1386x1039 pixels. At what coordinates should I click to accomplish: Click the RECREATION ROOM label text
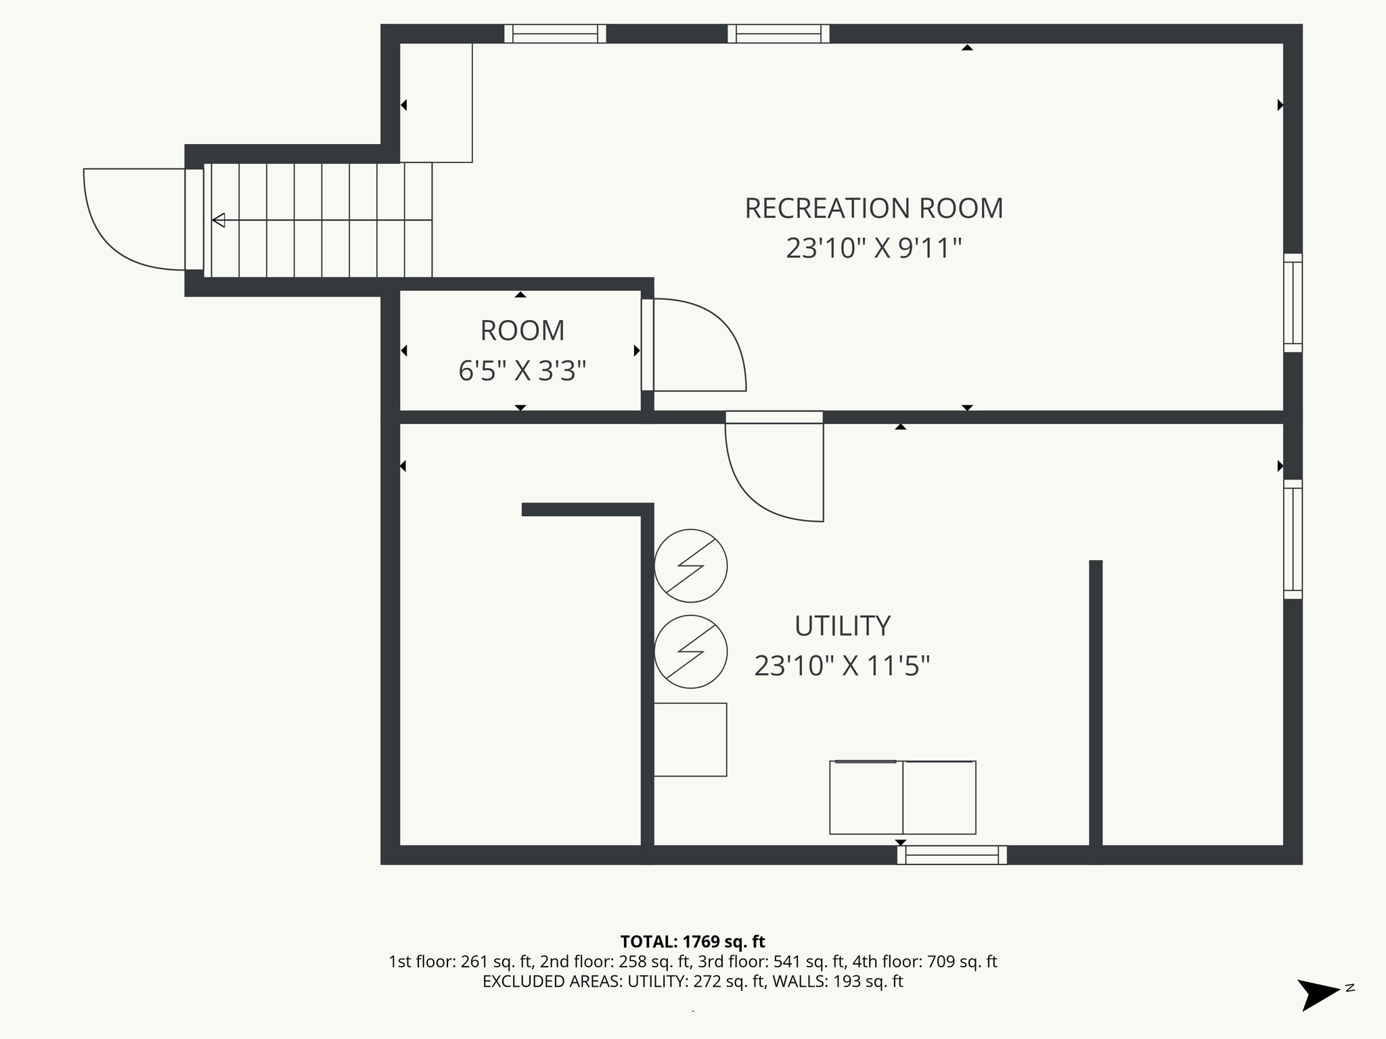pos(874,208)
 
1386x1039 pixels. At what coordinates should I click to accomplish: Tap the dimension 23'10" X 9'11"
pos(874,248)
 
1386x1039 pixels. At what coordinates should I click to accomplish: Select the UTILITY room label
pos(842,626)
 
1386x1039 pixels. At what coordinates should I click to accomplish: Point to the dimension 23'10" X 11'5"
pos(842,666)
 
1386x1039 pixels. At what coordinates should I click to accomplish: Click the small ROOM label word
pos(522,331)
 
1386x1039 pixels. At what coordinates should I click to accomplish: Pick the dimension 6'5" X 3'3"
pos(522,371)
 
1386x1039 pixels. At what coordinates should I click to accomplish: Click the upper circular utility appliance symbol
pos(690,565)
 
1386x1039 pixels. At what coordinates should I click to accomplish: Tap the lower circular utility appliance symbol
pos(690,651)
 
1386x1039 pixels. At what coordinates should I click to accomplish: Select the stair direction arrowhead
pos(219,220)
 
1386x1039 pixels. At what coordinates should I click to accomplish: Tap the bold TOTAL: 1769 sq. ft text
pos(692,942)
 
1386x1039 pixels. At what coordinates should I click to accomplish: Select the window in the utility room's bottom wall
pos(952,855)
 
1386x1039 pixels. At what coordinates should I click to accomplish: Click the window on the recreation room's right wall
pos(1293,302)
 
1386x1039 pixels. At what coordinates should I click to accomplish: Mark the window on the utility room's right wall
pos(1293,539)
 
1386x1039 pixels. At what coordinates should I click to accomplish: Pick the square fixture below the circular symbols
pos(690,739)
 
